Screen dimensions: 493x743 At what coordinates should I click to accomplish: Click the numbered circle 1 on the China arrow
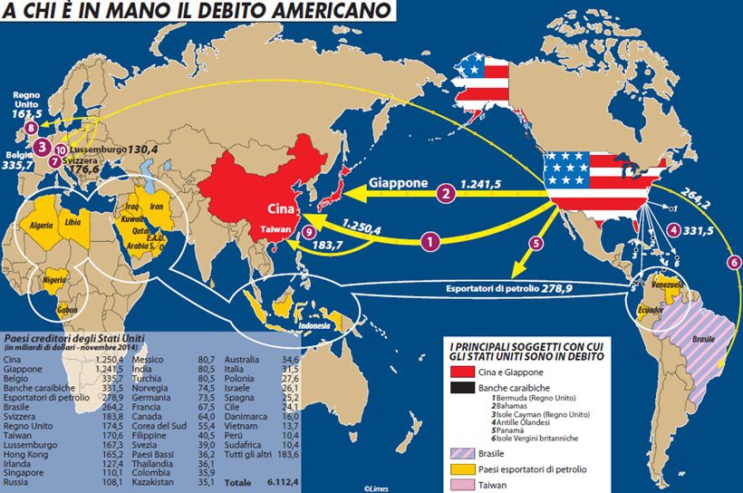click(x=431, y=241)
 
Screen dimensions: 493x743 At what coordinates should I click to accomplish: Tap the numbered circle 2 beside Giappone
click(x=445, y=192)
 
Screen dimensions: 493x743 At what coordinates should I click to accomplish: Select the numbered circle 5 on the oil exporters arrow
click(x=536, y=243)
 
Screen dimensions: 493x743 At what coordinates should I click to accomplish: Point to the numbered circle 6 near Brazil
click(x=733, y=262)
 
